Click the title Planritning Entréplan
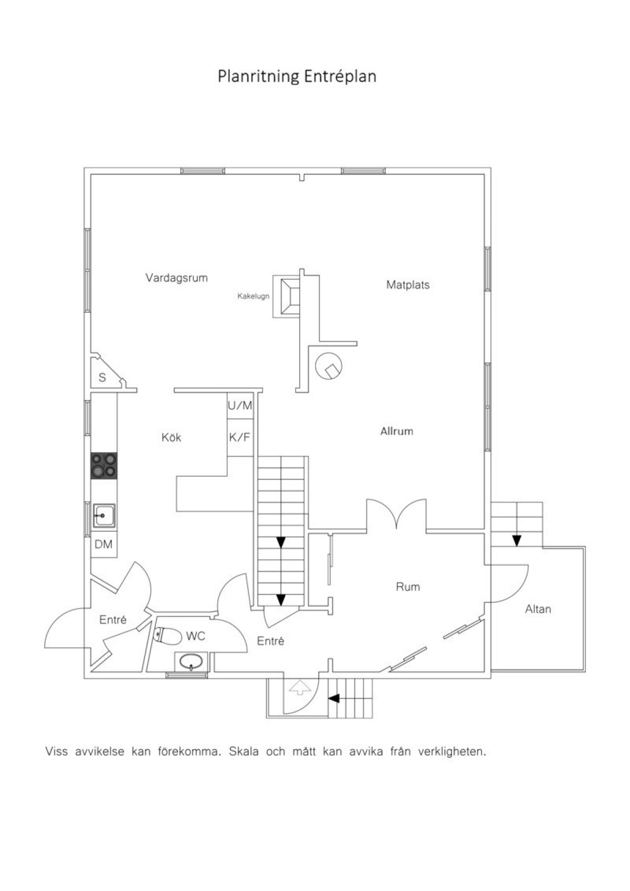point(297,76)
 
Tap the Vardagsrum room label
point(176,278)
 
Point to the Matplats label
point(408,285)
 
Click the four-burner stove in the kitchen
point(104,465)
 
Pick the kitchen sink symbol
point(104,516)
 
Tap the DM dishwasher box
point(104,544)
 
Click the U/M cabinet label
point(240,405)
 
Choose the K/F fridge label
point(239,437)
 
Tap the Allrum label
point(396,431)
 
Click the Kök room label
point(171,437)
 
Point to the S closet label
point(102,377)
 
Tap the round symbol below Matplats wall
point(329,366)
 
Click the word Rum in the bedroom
point(408,586)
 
